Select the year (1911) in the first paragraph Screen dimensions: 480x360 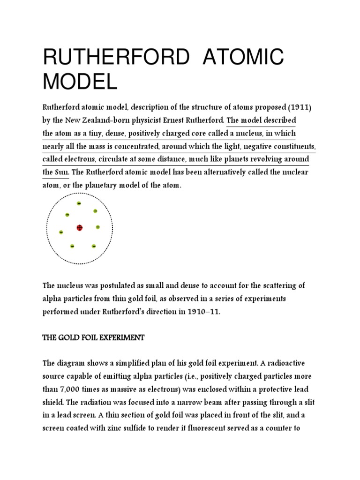297,107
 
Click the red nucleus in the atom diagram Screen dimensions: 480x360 79,228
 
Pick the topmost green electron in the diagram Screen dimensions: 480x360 79,203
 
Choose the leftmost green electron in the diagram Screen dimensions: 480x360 61,232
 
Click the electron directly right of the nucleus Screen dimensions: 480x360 97,227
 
